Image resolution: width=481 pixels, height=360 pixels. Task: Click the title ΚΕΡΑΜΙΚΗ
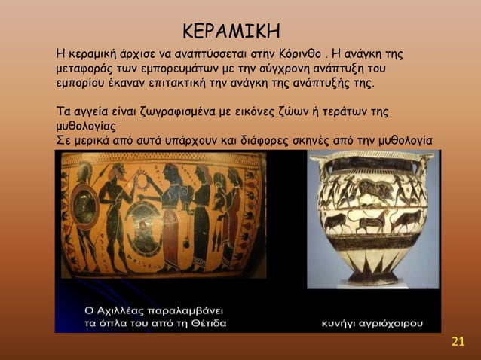232,32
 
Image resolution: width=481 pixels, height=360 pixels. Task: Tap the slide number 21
458,344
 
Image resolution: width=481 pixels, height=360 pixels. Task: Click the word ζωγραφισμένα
170,111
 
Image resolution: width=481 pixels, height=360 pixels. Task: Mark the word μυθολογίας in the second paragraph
89,126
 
